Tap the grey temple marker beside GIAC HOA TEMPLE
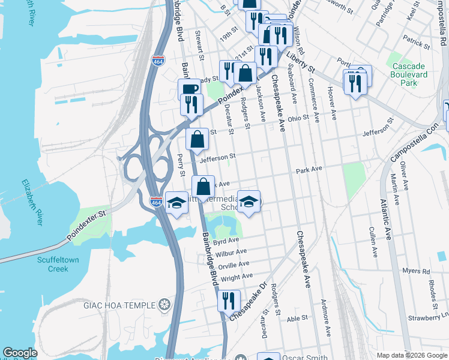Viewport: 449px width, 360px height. pos(164,304)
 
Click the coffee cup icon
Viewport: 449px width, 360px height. pos(189,89)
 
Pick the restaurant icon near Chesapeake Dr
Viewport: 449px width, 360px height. pos(229,300)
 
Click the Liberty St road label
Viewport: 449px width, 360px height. pos(301,62)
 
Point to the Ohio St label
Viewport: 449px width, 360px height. pos(297,118)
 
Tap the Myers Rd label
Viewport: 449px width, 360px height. pos(417,271)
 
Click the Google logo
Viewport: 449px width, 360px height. pos(20,353)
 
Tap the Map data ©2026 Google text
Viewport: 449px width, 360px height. pos(411,355)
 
